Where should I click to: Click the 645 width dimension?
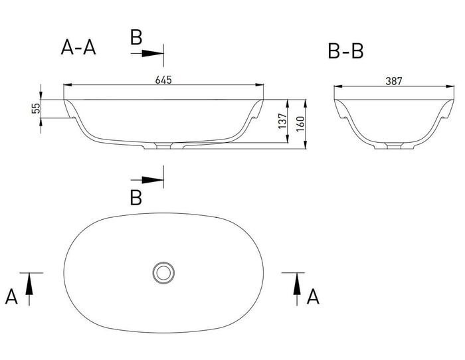pyautogui.click(x=163, y=80)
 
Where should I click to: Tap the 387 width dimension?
pyautogui.click(x=394, y=81)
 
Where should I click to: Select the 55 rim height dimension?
pyautogui.click(x=36, y=108)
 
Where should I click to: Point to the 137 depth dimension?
pyautogui.click(x=282, y=121)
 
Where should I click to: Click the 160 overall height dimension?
pyautogui.click(x=300, y=124)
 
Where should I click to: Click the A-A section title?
pyautogui.click(x=78, y=47)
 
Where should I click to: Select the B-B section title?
pyautogui.click(x=345, y=51)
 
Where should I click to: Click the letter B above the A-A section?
pyautogui.click(x=136, y=37)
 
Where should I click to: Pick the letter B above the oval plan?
pyautogui.click(x=136, y=198)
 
